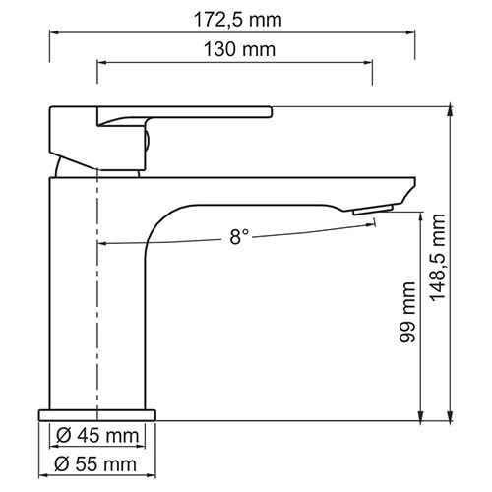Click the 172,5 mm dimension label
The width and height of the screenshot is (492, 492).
point(234,17)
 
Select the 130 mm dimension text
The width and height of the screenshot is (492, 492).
point(234,49)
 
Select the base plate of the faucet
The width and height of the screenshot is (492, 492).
point(98,414)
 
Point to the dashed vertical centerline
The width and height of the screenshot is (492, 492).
point(97,295)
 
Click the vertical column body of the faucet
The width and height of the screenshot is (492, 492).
point(74,295)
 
